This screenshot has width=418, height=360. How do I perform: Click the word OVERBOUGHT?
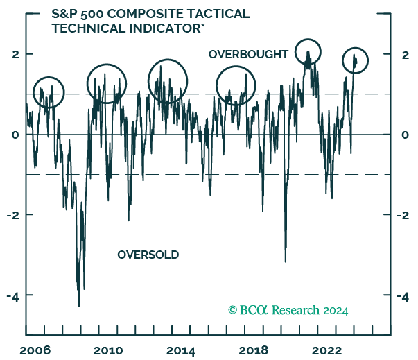pos(248,54)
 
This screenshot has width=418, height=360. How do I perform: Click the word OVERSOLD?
pos(148,255)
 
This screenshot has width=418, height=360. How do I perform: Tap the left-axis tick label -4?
pos(12,295)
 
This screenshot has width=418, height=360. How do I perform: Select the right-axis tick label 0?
pos(406,135)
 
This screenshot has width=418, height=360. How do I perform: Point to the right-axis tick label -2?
pos(404,215)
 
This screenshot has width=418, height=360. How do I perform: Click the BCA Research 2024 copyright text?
pos(288,310)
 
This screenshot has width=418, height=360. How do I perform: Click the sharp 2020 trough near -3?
pos(286,261)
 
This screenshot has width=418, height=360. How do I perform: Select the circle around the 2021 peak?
pos(308,52)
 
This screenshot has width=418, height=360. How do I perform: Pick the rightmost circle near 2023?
pos(355,61)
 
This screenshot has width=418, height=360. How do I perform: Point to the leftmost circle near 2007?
pos(48,91)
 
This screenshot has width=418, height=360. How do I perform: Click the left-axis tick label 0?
pos(14,135)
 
